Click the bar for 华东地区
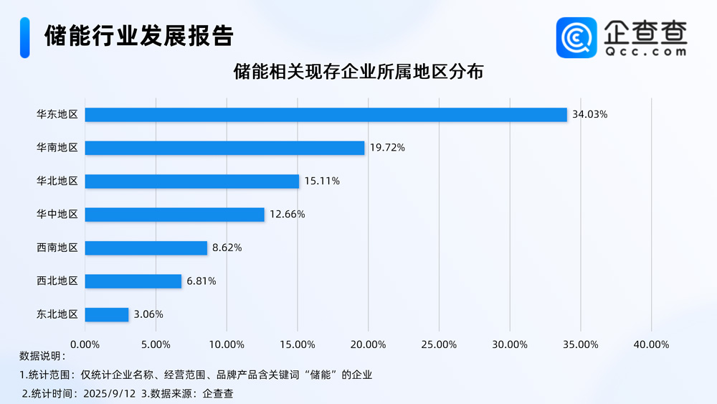(x=326, y=114)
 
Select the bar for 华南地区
(x=225, y=148)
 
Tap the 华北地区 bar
(x=192, y=181)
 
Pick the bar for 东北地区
(x=107, y=314)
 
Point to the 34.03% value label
(x=589, y=114)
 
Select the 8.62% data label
(x=227, y=248)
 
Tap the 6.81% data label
(x=201, y=281)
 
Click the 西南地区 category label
(x=57, y=248)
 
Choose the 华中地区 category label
(x=57, y=215)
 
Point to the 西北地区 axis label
(x=57, y=281)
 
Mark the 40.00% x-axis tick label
(x=651, y=344)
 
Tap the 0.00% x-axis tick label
(x=85, y=344)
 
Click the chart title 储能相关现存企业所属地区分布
(x=358, y=72)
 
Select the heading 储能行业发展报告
(x=138, y=35)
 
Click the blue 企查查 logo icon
(x=576, y=37)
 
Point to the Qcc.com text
(x=645, y=52)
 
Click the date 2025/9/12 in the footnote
(x=110, y=393)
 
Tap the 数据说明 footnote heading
(x=42, y=356)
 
